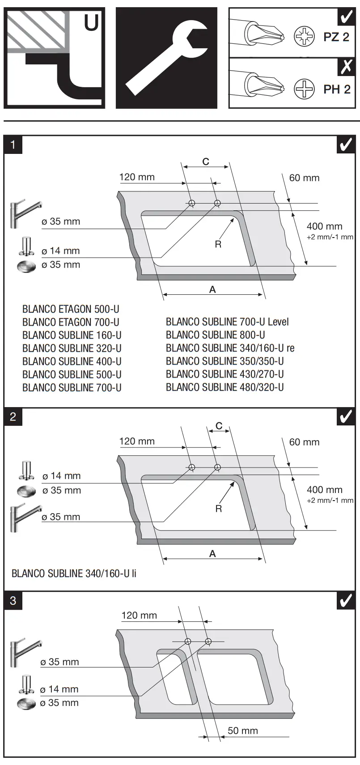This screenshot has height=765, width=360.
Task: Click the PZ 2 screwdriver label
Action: coord(336,37)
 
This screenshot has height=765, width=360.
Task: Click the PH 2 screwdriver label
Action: coord(336,89)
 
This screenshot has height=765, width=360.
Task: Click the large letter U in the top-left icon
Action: coord(92,22)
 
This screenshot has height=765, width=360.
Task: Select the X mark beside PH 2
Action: coord(346,67)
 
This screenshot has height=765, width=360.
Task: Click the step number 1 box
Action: coord(13,144)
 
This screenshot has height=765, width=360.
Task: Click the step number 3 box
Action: coord(13,600)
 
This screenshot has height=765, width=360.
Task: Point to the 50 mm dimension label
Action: coord(242,731)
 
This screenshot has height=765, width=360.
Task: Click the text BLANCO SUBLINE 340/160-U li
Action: coord(74,573)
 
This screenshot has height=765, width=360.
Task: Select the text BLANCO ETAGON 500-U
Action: coord(71,309)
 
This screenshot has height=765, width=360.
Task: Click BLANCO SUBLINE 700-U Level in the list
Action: coord(227,322)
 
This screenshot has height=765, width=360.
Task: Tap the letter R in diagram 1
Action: coord(218,244)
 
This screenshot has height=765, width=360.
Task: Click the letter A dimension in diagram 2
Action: coord(212,553)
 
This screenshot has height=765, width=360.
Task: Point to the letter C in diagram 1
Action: coord(206,161)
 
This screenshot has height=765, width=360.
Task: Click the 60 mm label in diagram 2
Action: coord(304,442)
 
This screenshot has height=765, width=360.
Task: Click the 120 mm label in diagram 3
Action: coord(139,615)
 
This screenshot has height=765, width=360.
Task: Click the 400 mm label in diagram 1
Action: coord(324,226)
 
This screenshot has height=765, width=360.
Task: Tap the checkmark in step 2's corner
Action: coord(346,416)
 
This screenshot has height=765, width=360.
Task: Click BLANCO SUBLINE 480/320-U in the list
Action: coord(224,387)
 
